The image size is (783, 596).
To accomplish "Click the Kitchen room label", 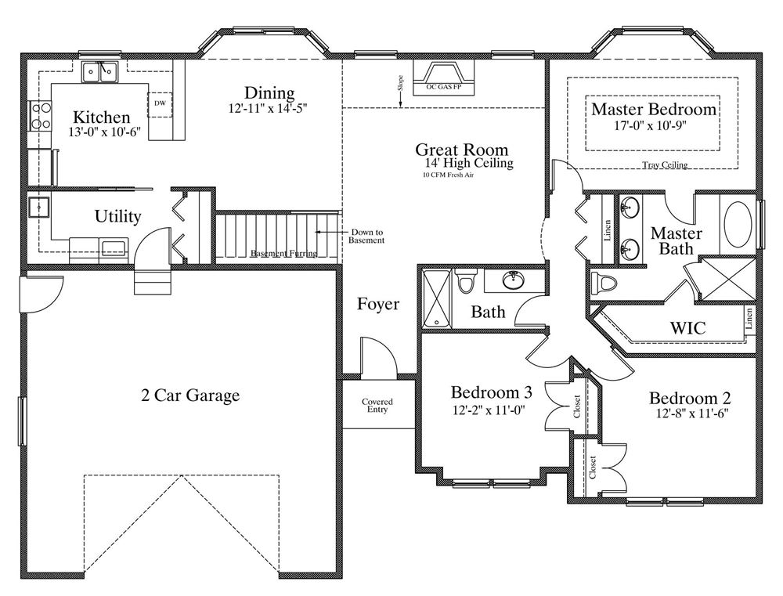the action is [101, 117].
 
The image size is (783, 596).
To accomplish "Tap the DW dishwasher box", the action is [160, 104].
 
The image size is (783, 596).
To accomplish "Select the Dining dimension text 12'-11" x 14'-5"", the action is [267, 107].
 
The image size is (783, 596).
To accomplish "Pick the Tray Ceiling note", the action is [665, 164].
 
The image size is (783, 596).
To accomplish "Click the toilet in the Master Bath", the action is [603, 284].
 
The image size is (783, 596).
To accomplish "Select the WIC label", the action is [687, 328].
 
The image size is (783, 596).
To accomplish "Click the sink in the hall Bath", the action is [513, 280].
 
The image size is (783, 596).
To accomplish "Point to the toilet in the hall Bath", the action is [466, 282].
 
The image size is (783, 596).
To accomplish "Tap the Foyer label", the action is [378, 304].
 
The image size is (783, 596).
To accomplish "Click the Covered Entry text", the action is [377, 405].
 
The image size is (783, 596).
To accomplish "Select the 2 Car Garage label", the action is [190, 396].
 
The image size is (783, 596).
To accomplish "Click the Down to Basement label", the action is [367, 237].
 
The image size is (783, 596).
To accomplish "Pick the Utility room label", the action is [118, 216].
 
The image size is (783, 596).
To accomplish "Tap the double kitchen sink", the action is [99, 72].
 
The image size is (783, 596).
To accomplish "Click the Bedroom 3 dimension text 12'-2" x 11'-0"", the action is [489, 410].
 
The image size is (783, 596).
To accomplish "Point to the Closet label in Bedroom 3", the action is [577, 406].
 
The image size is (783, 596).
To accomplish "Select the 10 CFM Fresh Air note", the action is [448, 175].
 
